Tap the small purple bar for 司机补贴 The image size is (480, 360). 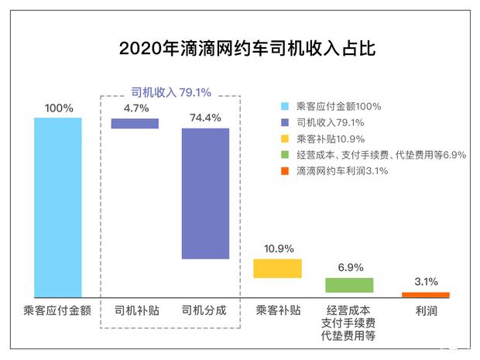[135, 123]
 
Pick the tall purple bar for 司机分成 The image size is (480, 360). [205, 194]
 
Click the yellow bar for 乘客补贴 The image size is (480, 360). [278, 268]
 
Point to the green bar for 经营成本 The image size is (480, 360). [349, 285]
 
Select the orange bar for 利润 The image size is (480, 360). [426, 294]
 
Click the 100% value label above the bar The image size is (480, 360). [58, 108]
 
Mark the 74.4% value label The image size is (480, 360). [205, 118]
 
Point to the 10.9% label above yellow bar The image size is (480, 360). [278, 249]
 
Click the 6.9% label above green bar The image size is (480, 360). [349, 267]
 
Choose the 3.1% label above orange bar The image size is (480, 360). [426, 282]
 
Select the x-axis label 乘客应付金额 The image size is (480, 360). [58, 310]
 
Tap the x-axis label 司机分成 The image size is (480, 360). [204, 310]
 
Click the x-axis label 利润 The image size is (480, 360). [426, 310]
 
